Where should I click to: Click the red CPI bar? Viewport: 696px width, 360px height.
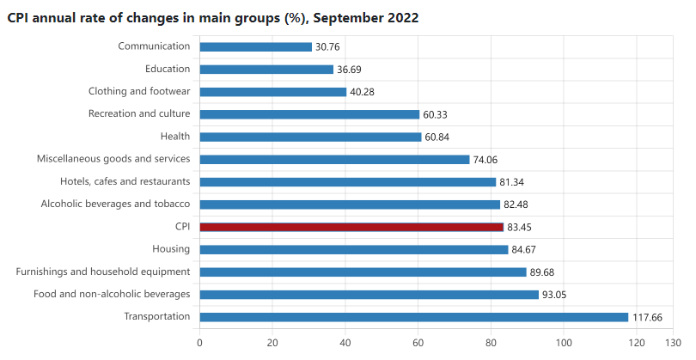(351, 227)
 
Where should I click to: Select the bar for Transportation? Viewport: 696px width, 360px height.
(413, 317)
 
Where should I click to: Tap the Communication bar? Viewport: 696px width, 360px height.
(255, 47)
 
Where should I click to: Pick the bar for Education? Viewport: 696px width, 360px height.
(266, 70)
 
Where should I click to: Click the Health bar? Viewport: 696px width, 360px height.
(310, 137)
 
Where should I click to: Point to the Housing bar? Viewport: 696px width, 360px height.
(353, 249)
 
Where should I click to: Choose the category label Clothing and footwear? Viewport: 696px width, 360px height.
(139, 91)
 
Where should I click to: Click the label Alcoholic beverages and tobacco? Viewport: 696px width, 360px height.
(115, 204)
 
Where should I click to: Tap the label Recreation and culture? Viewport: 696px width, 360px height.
(139, 113)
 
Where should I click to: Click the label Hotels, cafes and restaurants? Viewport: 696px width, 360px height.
(125, 181)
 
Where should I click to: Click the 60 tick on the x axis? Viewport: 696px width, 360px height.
(418, 343)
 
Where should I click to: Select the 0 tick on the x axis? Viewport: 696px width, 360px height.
(199, 343)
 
